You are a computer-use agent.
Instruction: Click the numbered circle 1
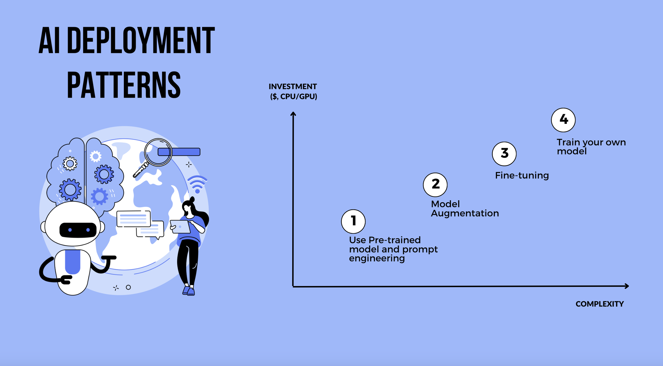pos(353,221)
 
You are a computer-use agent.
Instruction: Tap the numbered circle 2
pos(435,185)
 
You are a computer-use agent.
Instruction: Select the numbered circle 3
pos(504,154)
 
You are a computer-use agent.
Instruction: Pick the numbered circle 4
pos(563,120)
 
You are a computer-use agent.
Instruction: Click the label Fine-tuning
pos(522,175)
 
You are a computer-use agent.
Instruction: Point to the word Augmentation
pos(465,213)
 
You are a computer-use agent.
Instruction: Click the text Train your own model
pos(591,147)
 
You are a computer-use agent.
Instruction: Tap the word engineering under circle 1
pos(377,258)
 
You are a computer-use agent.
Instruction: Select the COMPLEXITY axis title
pos(599,304)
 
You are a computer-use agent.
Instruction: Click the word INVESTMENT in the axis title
pos(293,87)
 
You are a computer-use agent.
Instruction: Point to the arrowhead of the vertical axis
pos(293,114)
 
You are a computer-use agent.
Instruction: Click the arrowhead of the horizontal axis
pos(627,286)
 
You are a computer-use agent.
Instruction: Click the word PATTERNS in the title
pos(124,85)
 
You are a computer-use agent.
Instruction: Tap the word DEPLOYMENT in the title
pos(141,40)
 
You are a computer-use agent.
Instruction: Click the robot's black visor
pos(78,230)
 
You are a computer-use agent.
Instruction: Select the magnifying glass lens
pos(158,152)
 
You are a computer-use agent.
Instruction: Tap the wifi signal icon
pos(197,184)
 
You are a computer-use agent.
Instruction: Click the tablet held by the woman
pos(180,227)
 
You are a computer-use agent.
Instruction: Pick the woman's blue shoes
pos(189,291)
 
